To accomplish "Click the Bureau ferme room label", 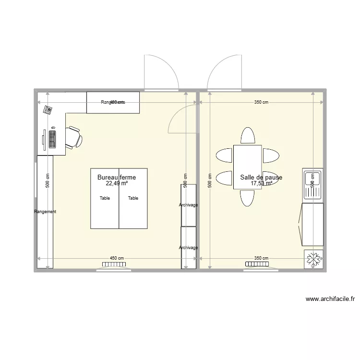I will click(x=117, y=177).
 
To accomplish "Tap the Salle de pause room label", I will click(x=261, y=177).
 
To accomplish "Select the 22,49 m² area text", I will click(x=117, y=183).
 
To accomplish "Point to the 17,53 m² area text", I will click(x=261, y=183).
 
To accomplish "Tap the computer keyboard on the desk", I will click(x=52, y=139).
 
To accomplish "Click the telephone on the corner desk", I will click(x=48, y=110).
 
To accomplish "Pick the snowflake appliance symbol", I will click(x=313, y=260).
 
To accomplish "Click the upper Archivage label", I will click(x=188, y=205).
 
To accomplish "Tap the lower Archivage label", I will click(x=188, y=248).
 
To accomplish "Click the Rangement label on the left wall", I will click(x=45, y=212).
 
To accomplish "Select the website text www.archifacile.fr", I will click(x=330, y=299).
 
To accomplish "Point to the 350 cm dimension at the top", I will click(x=261, y=102).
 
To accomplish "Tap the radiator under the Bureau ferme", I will click(x=114, y=264).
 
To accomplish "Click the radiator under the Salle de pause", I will click(x=257, y=264).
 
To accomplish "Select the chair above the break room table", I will click(x=248, y=135).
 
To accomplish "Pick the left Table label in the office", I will click(x=105, y=198).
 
